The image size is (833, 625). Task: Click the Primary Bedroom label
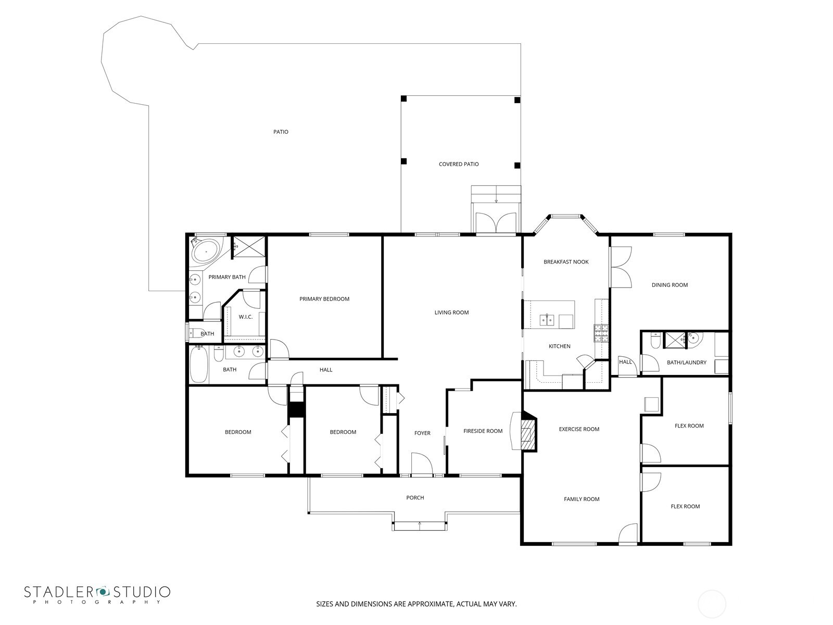[x=324, y=299]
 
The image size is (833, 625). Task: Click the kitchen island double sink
[x=547, y=320]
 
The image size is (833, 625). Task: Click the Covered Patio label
[x=458, y=164]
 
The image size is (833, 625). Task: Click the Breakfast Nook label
[x=566, y=262]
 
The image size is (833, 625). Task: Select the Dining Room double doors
[x=621, y=267]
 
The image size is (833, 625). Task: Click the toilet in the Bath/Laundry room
[x=655, y=342]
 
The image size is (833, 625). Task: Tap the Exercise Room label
[x=579, y=429]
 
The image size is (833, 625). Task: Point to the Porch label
[x=415, y=497]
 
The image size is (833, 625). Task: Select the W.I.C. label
[x=245, y=317]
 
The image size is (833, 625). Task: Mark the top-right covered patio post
[x=517, y=100]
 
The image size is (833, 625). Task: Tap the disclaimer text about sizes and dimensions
[x=416, y=604]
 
